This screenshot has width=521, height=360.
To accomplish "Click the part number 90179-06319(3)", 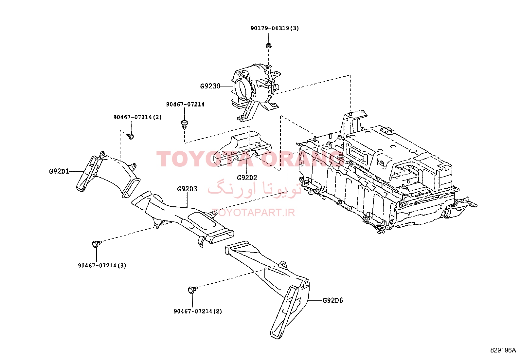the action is (275, 28).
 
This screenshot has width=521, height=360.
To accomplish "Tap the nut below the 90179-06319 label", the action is (269, 45).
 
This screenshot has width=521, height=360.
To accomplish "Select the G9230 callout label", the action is (210, 86).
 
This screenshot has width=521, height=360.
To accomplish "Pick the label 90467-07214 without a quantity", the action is (185, 104).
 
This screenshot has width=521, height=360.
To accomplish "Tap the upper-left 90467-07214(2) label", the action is (137, 117).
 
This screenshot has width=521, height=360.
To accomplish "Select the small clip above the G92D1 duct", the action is (131, 136).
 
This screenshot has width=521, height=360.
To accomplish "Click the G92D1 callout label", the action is (59, 171).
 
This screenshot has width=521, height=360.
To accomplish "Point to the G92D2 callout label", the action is (247, 178).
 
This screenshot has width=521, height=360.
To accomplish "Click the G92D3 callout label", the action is (187, 189).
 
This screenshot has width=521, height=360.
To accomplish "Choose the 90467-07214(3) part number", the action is (102, 265).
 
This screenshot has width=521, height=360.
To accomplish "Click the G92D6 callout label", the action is (332, 300).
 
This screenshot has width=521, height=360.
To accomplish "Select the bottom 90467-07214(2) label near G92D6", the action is (198, 311).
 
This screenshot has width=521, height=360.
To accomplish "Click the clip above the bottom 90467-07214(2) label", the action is (192, 290).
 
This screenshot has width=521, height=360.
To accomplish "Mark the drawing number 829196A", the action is (503, 351).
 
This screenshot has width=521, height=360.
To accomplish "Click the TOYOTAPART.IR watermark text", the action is (254, 213).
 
